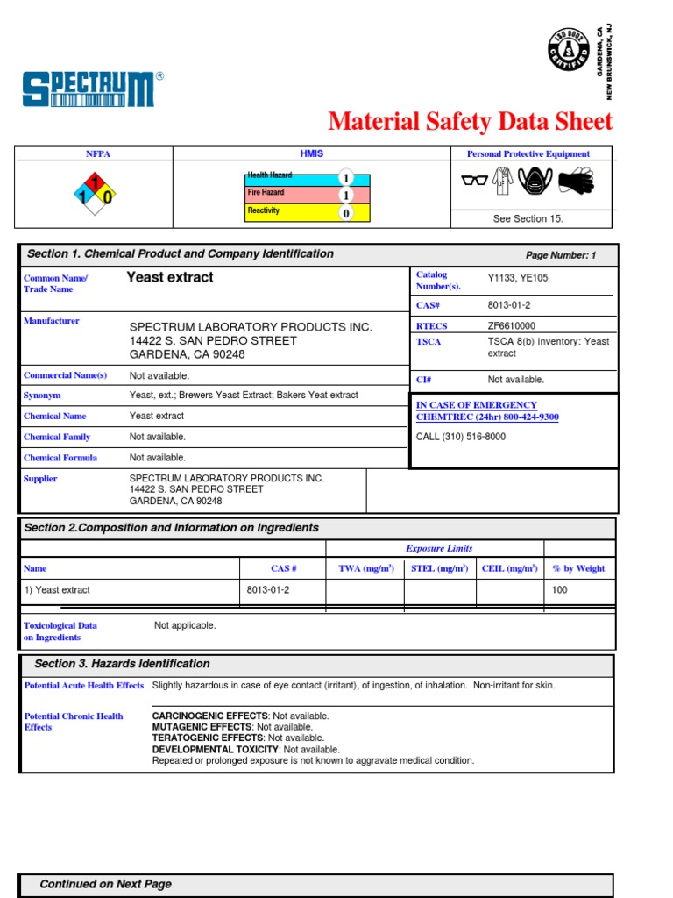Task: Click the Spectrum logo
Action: [x=90, y=89]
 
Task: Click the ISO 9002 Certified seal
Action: [x=568, y=50]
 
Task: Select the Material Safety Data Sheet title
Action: [x=470, y=121]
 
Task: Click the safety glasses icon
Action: [x=473, y=182]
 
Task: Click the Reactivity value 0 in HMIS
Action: [x=346, y=212]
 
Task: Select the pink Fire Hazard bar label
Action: [x=266, y=193]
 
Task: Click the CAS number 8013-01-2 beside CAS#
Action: [x=509, y=305]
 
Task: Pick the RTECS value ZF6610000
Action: [x=511, y=325]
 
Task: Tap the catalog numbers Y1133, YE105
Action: [x=518, y=278]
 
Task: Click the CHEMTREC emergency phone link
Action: [x=486, y=411]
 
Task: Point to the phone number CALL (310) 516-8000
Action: [x=460, y=437]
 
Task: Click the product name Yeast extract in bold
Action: [x=170, y=277]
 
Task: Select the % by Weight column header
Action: [x=578, y=568]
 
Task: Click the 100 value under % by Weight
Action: [x=559, y=590]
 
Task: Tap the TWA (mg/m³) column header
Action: [x=365, y=568]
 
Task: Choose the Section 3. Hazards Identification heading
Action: [x=122, y=664]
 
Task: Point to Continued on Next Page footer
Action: [x=105, y=884]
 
